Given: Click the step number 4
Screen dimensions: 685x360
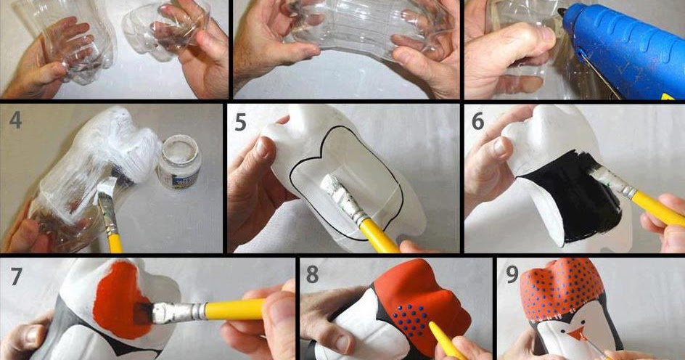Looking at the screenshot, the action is point(15,120).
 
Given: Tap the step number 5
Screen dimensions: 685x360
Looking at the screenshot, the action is point(241,123).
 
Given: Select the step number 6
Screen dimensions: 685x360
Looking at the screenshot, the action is point(478,121).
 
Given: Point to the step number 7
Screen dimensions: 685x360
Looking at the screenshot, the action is point(16,276).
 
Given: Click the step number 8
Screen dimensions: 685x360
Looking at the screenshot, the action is point(312,275).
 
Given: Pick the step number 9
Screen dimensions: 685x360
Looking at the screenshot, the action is point(512,274).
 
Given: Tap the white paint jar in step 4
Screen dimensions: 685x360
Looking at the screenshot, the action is point(179,161).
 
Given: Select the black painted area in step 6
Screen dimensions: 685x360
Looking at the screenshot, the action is point(571,197).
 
